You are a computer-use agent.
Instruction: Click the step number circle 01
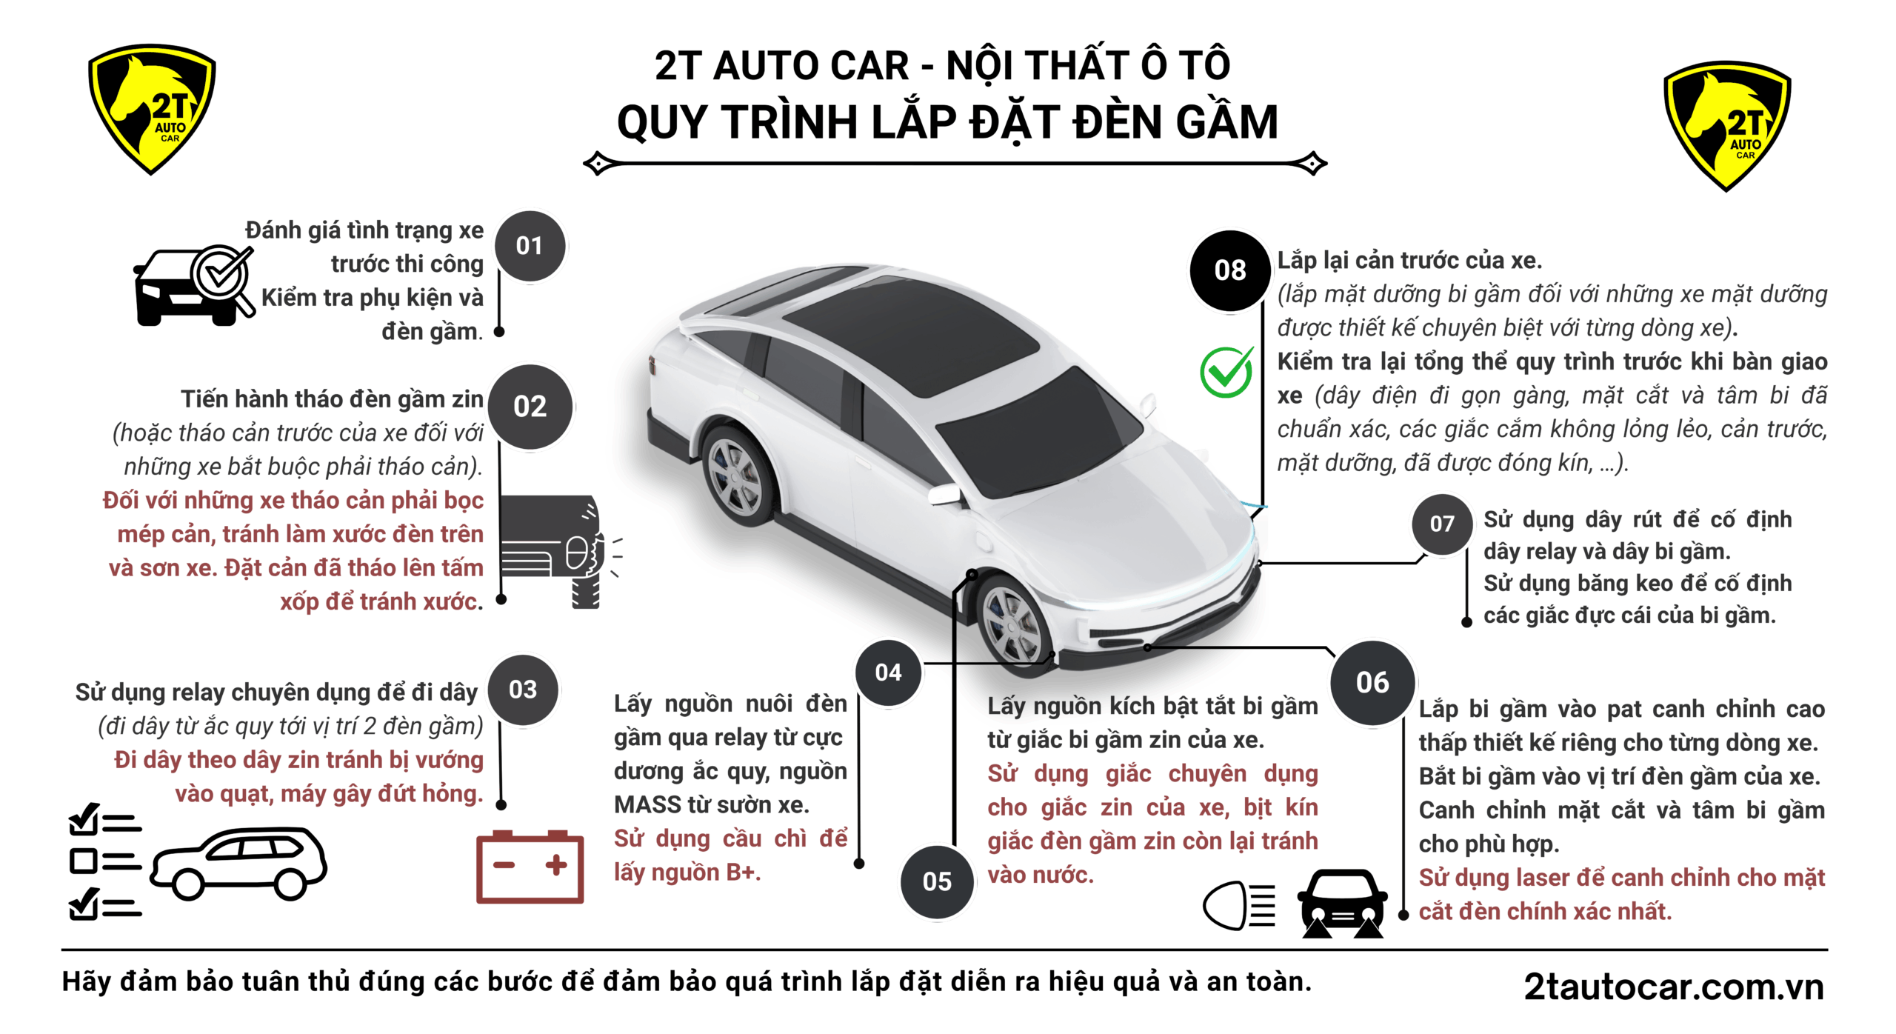click(530, 246)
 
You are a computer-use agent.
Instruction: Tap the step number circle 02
click(530, 407)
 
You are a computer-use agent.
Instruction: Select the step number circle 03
click(523, 690)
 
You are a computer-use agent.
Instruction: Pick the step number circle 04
click(888, 673)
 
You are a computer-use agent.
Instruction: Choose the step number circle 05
click(937, 881)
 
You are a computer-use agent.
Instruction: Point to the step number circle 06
click(1372, 682)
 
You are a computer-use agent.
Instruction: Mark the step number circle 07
click(1441, 524)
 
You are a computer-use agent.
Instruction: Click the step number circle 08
click(1230, 270)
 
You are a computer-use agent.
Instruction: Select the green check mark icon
click(1227, 372)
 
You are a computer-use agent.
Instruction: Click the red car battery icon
click(530, 866)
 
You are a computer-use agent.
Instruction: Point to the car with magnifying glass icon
click(194, 285)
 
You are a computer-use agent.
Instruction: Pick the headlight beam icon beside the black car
click(1240, 905)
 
